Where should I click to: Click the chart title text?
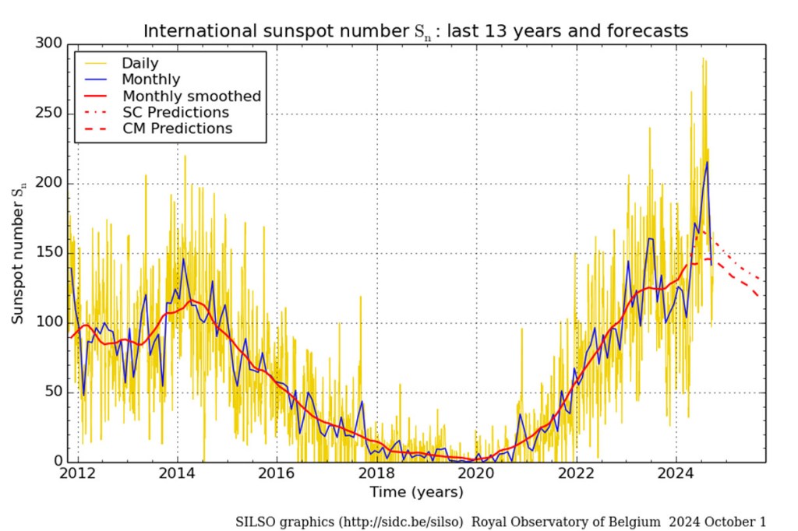[415, 31]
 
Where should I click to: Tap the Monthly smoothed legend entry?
[191, 96]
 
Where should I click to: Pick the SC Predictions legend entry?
[176, 112]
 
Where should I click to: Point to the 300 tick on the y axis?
[51, 44]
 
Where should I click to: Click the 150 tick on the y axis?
[51, 254]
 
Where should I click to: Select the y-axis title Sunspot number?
[19, 252]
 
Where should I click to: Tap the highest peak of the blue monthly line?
[707, 162]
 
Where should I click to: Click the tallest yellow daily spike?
[703, 58]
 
